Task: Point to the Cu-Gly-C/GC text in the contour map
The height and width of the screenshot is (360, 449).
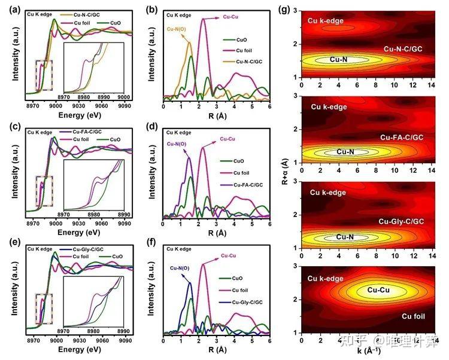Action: tap(402, 222)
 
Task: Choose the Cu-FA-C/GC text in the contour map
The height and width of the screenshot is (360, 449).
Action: tap(402, 138)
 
